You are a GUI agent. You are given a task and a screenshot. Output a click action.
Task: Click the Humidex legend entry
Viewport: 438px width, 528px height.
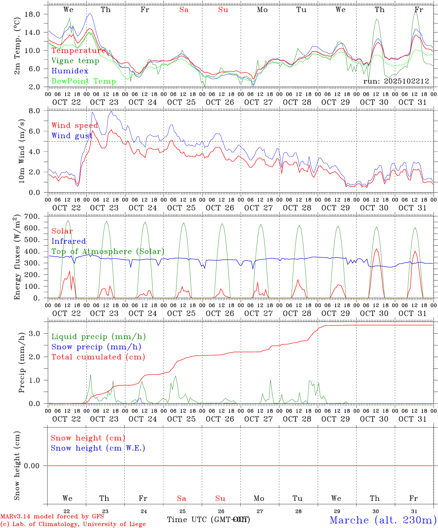(x=70, y=71)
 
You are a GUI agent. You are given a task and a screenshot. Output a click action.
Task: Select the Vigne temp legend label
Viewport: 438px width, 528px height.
(x=75, y=61)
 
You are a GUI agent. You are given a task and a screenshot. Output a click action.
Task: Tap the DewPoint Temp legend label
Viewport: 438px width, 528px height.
(x=84, y=81)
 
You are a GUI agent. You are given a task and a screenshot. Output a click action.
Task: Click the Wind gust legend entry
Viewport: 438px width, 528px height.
(x=72, y=136)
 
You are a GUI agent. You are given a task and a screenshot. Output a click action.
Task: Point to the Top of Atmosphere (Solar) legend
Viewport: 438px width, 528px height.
(x=108, y=252)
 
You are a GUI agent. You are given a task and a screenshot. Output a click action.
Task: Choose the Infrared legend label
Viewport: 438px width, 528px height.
(x=69, y=241)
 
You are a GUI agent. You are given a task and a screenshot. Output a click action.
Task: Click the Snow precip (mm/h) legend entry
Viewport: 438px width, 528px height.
(x=96, y=347)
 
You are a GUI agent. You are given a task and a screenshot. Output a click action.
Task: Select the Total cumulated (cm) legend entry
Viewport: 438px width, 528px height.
(x=98, y=357)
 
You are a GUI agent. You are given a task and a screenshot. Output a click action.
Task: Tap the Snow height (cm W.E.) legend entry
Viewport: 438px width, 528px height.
(x=98, y=448)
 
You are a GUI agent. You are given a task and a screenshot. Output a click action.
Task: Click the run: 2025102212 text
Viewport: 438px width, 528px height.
(x=396, y=81)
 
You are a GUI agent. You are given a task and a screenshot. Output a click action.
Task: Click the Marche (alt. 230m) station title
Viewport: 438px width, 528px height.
(x=383, y=520)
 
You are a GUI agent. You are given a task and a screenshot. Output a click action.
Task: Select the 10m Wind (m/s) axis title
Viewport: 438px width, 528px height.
(x=22, y=151)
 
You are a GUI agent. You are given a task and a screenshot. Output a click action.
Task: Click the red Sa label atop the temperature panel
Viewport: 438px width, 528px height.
(x=184, y=10)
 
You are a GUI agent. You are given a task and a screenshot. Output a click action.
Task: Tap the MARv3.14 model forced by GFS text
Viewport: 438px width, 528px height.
(x=52, y=516)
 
